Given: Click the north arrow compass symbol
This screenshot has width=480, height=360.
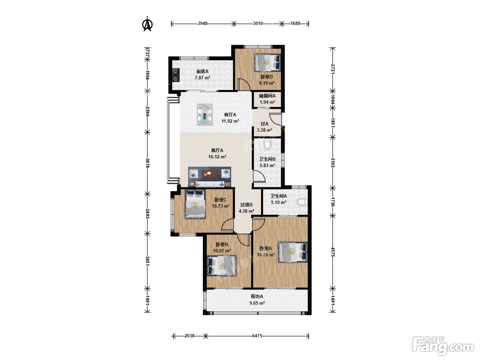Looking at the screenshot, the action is (148, 24).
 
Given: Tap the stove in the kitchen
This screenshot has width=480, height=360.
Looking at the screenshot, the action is (176, 75).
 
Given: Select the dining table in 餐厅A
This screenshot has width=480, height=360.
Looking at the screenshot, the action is (205, 115).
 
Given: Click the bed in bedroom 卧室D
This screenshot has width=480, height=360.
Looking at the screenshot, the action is (267, 62).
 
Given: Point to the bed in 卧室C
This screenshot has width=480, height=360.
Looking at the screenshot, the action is (195, 204).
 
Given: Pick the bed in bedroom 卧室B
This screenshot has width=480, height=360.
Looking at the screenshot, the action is (222, 266).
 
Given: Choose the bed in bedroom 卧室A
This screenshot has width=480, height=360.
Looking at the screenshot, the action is (293, 252).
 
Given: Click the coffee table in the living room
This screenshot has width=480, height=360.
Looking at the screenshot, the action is (209, 173).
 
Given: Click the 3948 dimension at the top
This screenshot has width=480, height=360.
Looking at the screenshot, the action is (203, 23).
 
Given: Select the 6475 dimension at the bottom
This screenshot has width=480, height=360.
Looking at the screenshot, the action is (257, 336).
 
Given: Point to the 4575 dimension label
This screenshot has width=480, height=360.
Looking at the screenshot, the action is (333, 252).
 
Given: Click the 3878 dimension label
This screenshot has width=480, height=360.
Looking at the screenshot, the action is (148, 163).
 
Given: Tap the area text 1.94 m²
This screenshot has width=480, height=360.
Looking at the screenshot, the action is (267, 102).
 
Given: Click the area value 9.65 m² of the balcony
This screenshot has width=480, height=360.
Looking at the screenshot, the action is (257, 303).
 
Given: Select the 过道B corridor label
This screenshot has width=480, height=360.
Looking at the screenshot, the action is (247, 205).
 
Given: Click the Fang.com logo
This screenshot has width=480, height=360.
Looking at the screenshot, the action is (443, 346).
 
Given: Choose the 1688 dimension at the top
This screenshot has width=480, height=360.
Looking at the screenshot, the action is (295, 23).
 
